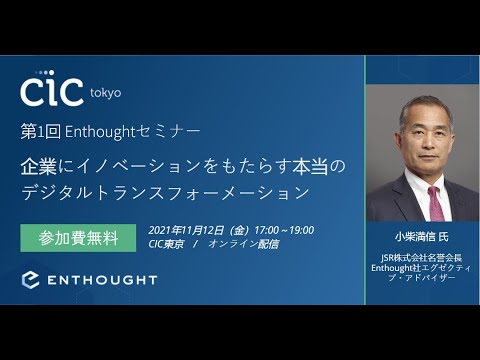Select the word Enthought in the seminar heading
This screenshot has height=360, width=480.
(102, 131)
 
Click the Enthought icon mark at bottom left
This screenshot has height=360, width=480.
(30, 279)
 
